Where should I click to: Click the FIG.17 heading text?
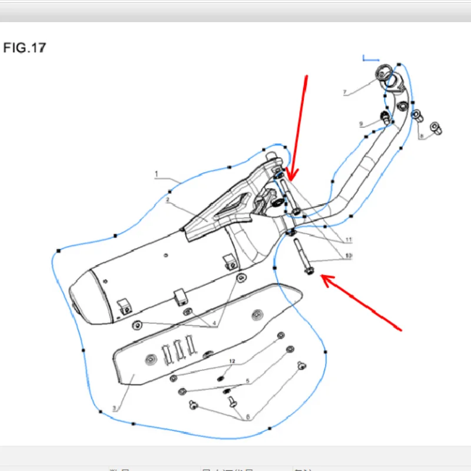[24, 48]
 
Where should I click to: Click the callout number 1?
[157, 174]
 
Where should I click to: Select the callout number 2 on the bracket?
[167, 200]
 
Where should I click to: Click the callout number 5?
[248, 382]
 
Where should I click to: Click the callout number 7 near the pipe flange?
[345, 92]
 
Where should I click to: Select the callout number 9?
[361, 124]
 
